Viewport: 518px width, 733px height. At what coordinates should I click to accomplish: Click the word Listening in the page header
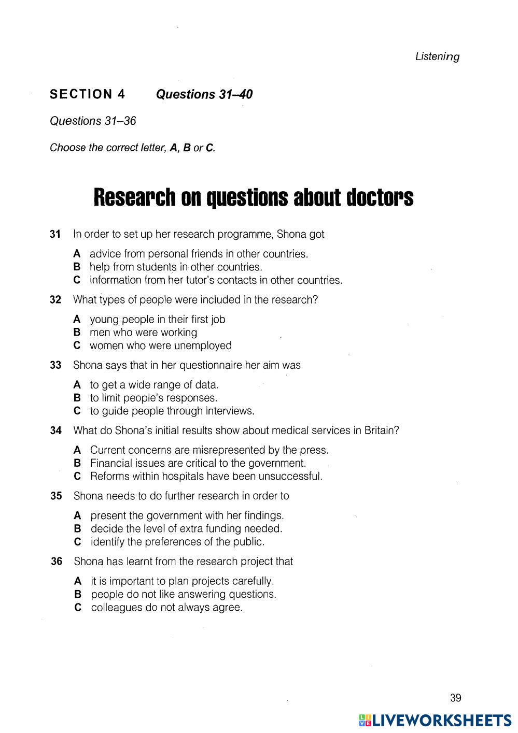click(x=437, y=56)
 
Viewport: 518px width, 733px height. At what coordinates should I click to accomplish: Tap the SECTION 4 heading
click(x=87, y=94)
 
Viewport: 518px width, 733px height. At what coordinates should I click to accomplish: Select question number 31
click(x=55, y=234)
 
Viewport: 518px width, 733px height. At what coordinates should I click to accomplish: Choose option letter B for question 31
click(x=77, y=267)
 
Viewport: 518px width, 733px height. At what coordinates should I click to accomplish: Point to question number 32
click(x=55, y=300)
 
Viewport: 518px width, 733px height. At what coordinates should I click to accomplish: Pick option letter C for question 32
click(x=77, y=346)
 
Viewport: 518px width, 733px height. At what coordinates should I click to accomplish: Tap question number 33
click(x=55, y=365)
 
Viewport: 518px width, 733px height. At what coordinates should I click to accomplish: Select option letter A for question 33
click(x=77, y=385)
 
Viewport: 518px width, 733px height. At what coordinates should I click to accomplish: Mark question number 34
click(x=55, y=430)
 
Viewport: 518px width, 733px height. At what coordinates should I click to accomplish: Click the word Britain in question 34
click(x=381, y=430)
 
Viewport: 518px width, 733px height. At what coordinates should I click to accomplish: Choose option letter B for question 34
click(x=77, y=463)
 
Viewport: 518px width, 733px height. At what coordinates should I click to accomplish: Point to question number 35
click(x=56, y=496)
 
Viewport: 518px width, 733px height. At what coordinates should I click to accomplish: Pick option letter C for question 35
click(x=78, y=542)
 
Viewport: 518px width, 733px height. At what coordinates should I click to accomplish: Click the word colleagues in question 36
click(x=117, y=608)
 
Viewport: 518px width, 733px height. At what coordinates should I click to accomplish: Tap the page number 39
click(x=455, y=698)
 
